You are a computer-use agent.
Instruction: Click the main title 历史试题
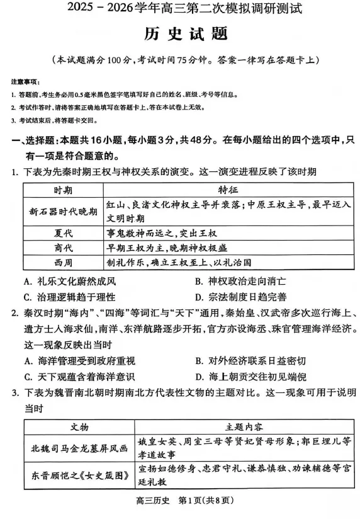click(181, 35)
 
